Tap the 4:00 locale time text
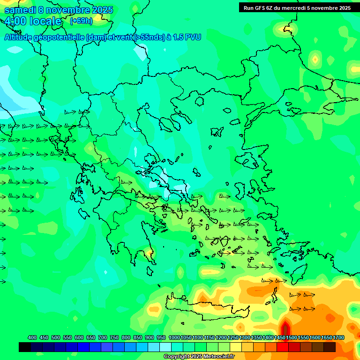[x=33, y=21]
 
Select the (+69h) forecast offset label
[x=81, y=21]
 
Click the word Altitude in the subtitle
[x=18, y=37]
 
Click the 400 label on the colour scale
[x=32, y=337]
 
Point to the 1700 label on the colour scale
[x=338, y=337]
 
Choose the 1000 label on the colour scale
[x=174, y=337]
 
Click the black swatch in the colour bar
[x=25, y=347]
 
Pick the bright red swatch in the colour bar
[x=283, y=347]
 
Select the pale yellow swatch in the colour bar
[x=236, y=347]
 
